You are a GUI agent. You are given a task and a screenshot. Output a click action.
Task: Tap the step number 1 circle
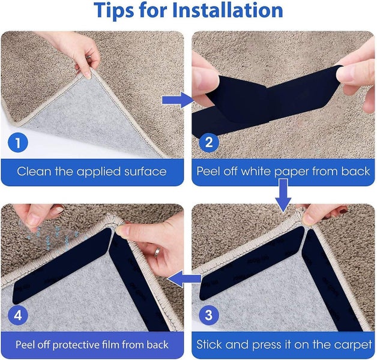pos(18,143)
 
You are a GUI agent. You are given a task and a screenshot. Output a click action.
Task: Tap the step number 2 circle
pos(208,143)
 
